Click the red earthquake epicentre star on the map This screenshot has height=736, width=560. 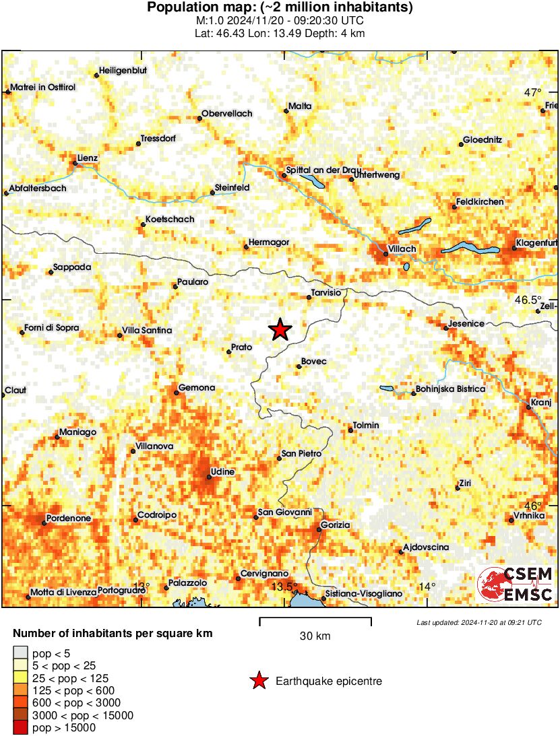click(x=280, y=329)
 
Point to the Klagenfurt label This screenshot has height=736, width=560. click(x=537, y=242)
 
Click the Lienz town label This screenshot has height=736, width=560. click(x=88, y=158)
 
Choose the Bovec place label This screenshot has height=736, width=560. click(x=313, y=362)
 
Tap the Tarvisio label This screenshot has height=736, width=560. click(x=326, y=292)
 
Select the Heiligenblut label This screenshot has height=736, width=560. click(x=123, y=70)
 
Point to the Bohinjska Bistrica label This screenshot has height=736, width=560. click(x=451, y=389)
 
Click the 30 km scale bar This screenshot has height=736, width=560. click(x=315, y=617)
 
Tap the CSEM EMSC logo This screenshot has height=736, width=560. click(x=516, y=584)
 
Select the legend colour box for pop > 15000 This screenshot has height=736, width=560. click(x=21, y=727)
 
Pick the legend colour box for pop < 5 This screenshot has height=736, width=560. click(x=21, y=652)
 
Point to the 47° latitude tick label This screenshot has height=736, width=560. click(x=534, y=92)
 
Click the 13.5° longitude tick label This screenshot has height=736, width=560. click(x=284, y=587)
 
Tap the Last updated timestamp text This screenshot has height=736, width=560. click(x=478, y=622)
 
